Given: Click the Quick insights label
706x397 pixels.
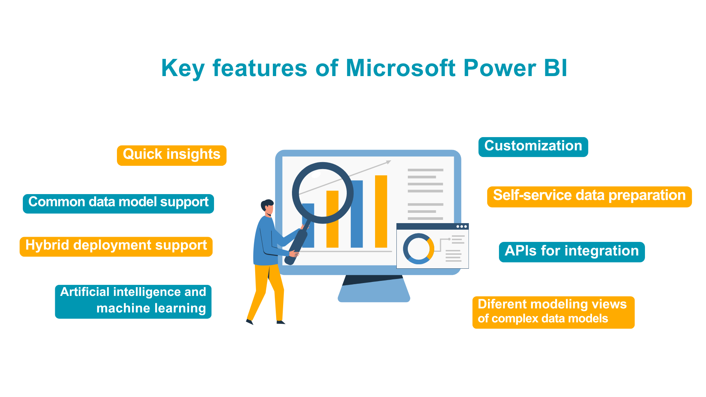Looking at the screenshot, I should coord(171,155).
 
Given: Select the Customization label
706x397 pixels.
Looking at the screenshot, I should coord(533,146).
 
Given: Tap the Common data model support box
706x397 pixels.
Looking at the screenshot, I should coord(118,203).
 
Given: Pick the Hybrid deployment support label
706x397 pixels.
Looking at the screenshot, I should coord(116,246).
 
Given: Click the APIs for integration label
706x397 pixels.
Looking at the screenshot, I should coord(571,251).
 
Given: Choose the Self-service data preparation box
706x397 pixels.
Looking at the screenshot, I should coord(589,196).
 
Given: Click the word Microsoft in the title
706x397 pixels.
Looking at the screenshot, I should coord(400,68).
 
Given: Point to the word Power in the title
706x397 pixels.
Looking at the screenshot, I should coord(499,68).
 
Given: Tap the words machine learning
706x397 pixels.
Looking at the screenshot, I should coord(151,308).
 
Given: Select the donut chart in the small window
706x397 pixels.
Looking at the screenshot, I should coord(418,248).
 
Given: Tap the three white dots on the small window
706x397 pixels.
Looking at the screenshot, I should coord(461,226).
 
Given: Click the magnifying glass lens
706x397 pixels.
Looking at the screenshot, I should coord(322,193).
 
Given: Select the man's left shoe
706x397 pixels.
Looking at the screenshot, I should coord(250,322).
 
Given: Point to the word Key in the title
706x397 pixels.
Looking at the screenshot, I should coord(182,69).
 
